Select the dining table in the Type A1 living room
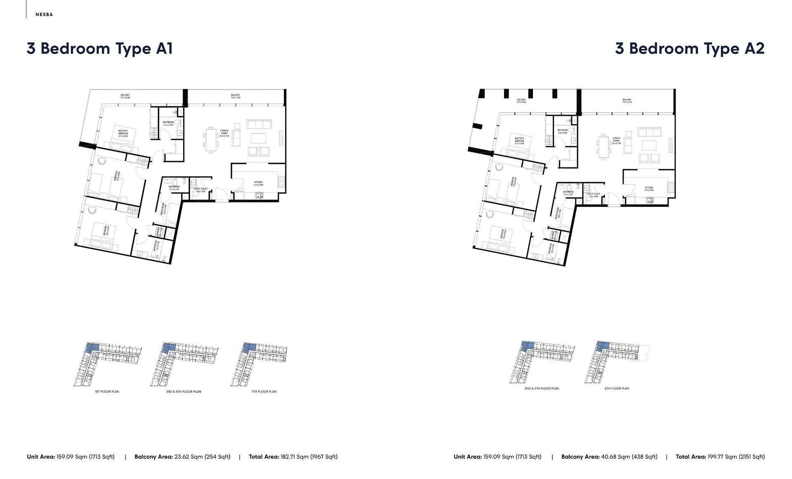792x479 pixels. click(211, 140)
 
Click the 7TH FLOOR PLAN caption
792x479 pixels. click(264, 392)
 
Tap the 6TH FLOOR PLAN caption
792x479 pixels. click(617, 388)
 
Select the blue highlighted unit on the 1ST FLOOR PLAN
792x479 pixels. click(92, 347)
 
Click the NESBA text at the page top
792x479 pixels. click(44, 14)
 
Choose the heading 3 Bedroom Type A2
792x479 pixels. click(690, 49)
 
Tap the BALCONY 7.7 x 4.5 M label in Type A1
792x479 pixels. click(125, 96)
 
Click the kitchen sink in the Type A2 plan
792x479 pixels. click(649, 201)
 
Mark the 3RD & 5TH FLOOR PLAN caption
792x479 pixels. click(184, 392)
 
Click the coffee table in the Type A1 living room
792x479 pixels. click(259, 138)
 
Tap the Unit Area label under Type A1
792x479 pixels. click(40, 457)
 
